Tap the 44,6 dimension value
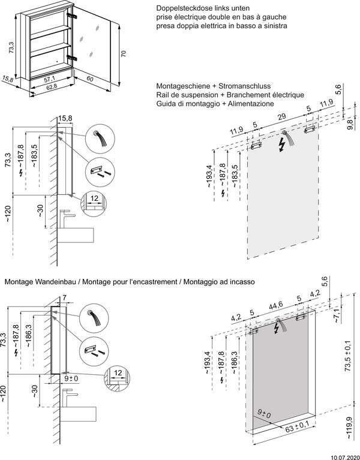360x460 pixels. [x=277, y=305]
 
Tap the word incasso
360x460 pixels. [x=242, y=281]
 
